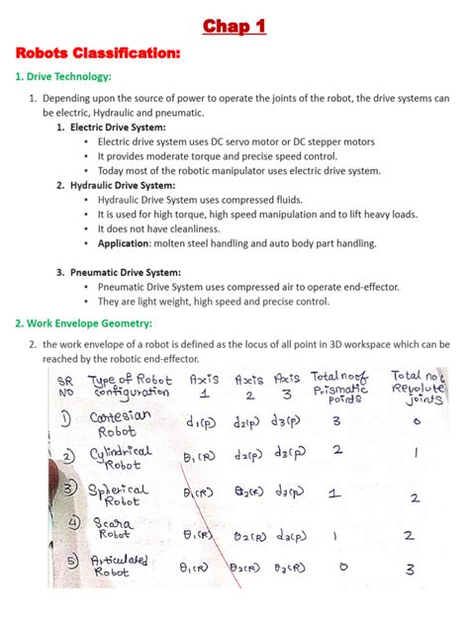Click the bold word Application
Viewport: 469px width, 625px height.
point(124,243)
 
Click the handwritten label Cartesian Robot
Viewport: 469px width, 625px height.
point(119,424)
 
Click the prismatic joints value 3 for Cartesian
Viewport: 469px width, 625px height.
point(335,421)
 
